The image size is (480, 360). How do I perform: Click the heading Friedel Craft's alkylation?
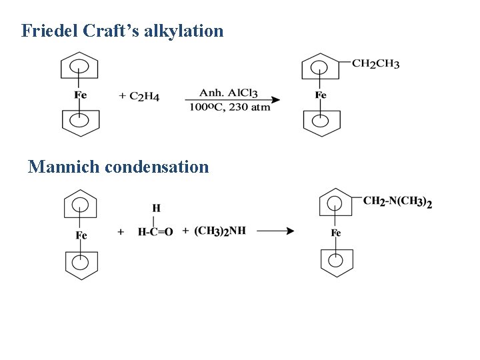(x=122, y=31)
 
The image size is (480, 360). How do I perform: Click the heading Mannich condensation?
(x=118, y=167)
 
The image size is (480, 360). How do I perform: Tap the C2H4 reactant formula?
(x=144, y=97)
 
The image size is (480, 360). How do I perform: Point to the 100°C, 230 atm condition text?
(x=229, y=107)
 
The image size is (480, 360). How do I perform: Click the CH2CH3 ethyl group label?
(x=375, y=64)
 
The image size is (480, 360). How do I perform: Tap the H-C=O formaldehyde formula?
(x=155, y=232)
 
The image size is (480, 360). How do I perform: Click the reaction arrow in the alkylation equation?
(x=233, y=101)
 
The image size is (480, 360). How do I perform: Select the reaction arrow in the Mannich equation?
(x=275, y=231)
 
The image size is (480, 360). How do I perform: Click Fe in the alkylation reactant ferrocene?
(x=80, y=95)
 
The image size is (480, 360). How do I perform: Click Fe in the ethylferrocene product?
(x=321, y=95)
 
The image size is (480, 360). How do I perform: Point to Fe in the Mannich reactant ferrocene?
(x=81, y=235)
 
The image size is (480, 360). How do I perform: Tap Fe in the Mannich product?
(x=336, y=233)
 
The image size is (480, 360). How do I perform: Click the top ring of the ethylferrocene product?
(x=321, y=67)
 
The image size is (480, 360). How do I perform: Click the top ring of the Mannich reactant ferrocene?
(x=81, y=205)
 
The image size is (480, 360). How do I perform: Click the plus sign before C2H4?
(x=123, y=97)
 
